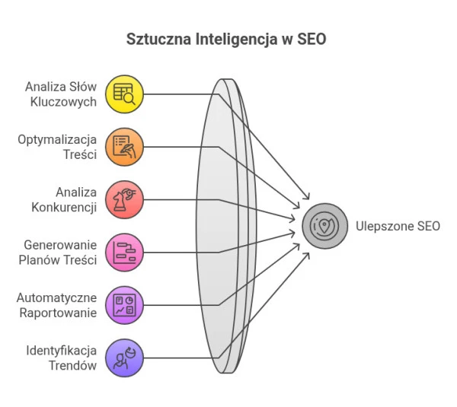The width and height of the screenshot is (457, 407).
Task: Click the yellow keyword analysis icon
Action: point(124,94)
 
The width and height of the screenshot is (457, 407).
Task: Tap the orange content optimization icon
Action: point(124,146)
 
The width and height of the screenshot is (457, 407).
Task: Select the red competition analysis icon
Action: point(124,199)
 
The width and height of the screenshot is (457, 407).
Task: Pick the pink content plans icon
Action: point(124,252)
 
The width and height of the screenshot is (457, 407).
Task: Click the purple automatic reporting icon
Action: point(124,305)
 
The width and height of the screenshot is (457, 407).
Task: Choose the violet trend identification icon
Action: point(124,358)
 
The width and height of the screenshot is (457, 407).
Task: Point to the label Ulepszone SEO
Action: point(398,226)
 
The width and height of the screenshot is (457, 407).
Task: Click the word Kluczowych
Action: point(69,101)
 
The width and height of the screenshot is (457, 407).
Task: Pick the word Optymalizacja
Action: point(57,139)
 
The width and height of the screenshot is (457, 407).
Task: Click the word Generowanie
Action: point(61,244)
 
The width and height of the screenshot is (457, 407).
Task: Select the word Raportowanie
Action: point(61,313)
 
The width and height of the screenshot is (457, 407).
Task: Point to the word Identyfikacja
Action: point(62,350)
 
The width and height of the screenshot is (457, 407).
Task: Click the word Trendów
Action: point(75,365)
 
